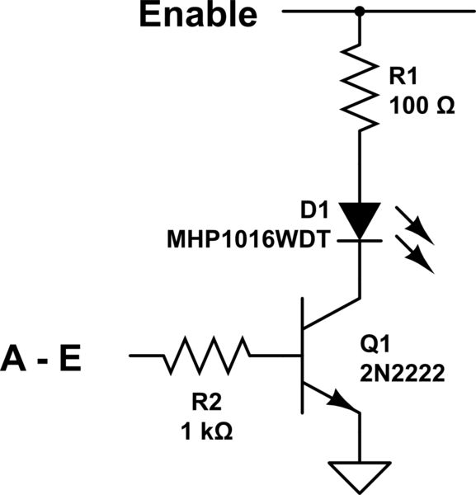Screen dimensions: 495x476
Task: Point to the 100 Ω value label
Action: pos(422,108)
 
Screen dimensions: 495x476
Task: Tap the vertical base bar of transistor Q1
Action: pos(304,356)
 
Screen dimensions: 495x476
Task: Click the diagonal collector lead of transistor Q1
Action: pos(332,314)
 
